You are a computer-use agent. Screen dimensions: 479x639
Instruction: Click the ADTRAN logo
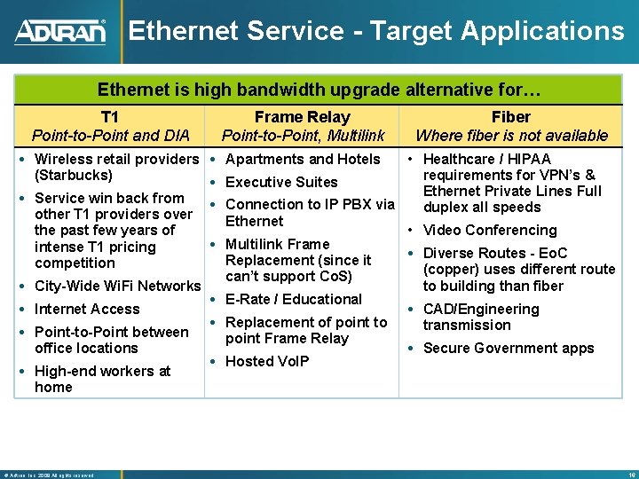59,32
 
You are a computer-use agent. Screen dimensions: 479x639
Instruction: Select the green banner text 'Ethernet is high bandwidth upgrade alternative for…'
319,90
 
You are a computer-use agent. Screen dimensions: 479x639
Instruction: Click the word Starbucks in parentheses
74,175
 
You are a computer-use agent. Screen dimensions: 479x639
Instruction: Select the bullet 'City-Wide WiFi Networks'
116,286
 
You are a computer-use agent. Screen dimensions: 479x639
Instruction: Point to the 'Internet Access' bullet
86,309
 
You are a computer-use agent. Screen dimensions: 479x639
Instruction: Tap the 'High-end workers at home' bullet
102,379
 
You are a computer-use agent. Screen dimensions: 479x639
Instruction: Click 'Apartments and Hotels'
303,159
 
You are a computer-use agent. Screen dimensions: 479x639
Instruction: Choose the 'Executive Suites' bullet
281,182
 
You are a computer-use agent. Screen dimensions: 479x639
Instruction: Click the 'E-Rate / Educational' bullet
294,299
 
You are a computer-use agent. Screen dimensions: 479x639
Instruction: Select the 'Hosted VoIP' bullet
267,361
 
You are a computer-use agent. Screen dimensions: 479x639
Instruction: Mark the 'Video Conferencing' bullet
490,230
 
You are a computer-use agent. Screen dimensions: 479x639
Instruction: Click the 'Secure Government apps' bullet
508,348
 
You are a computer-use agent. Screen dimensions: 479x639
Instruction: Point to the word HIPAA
530,159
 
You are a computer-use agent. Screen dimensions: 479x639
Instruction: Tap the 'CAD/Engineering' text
481,309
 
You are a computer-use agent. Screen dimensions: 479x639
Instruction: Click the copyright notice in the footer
49,475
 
